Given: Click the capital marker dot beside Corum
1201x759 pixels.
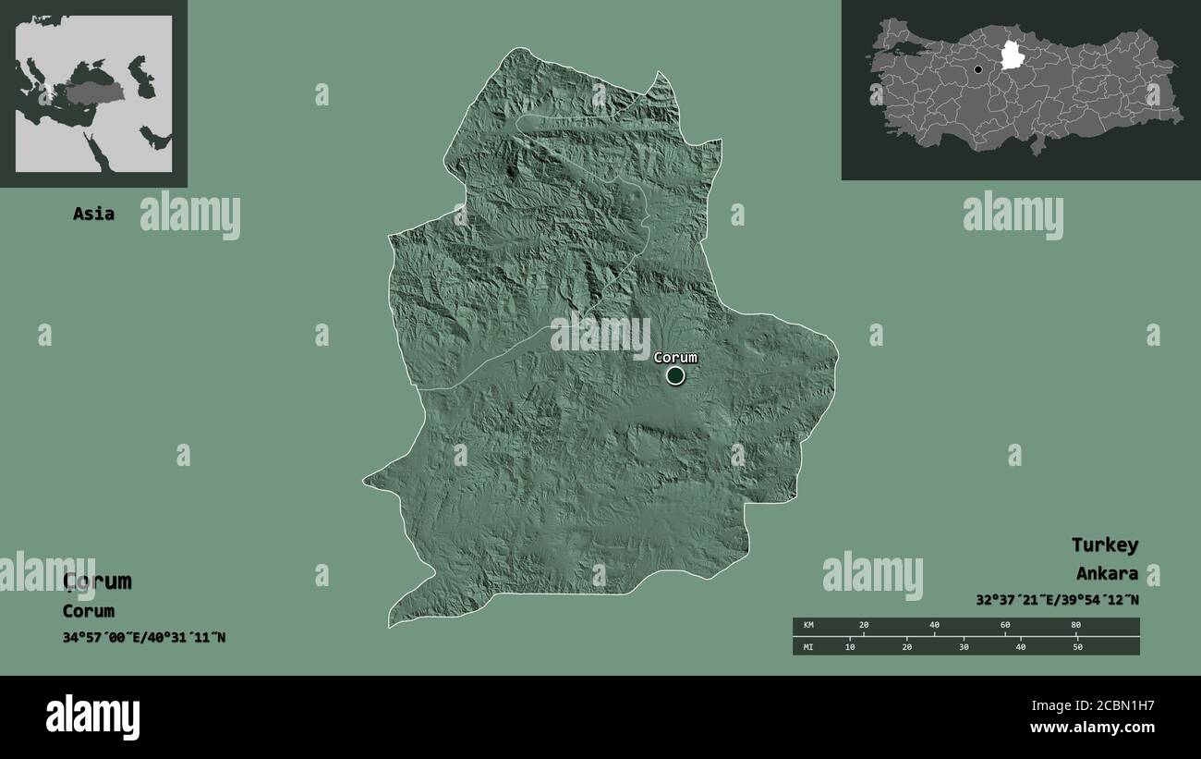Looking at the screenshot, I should pyautogui.click(x=675, y=375).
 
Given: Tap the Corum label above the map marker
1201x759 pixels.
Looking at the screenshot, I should pyautogui.click(x=675, y=358).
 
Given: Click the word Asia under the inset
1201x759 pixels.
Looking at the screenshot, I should pyautogui.click(x=94, y=214).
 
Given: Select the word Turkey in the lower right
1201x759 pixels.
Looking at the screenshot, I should pyautogui.click(x=1105, y=545).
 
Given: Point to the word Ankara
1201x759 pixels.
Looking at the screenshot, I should pyautogui.click(x=1107, y=574).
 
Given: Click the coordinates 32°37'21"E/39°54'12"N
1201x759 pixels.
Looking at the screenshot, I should pyautogui.click(x=1057, y=600).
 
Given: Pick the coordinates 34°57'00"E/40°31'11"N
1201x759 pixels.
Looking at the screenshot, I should pyautogui.click(x=144, y=638).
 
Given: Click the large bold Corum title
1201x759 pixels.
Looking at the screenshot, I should pyautogui.click(x=97, y=581).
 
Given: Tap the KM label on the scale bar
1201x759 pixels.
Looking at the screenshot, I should pyautogui.click(x=808, y=626).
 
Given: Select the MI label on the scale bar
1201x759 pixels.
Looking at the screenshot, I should pyautogui.click(x=808, y=646).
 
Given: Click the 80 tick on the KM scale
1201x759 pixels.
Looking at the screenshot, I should pyautogui.click(x=1075, y=626).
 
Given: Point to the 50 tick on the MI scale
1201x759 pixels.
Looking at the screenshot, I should pyautogui.click(x=1077, y=646).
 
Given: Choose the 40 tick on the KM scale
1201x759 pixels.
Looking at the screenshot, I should pyautogui.click(x=934, y=626).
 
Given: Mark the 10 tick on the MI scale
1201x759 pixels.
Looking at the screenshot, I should pyautogui.click(x=850, y=646).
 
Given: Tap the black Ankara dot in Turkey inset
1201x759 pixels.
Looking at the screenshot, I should pyautogui.click(x=978, y=69).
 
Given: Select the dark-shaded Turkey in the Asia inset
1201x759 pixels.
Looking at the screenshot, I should pyautogui.click(x=95, y=93).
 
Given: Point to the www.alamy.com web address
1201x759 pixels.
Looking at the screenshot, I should pyautogui.click(x=1092, y=728).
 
